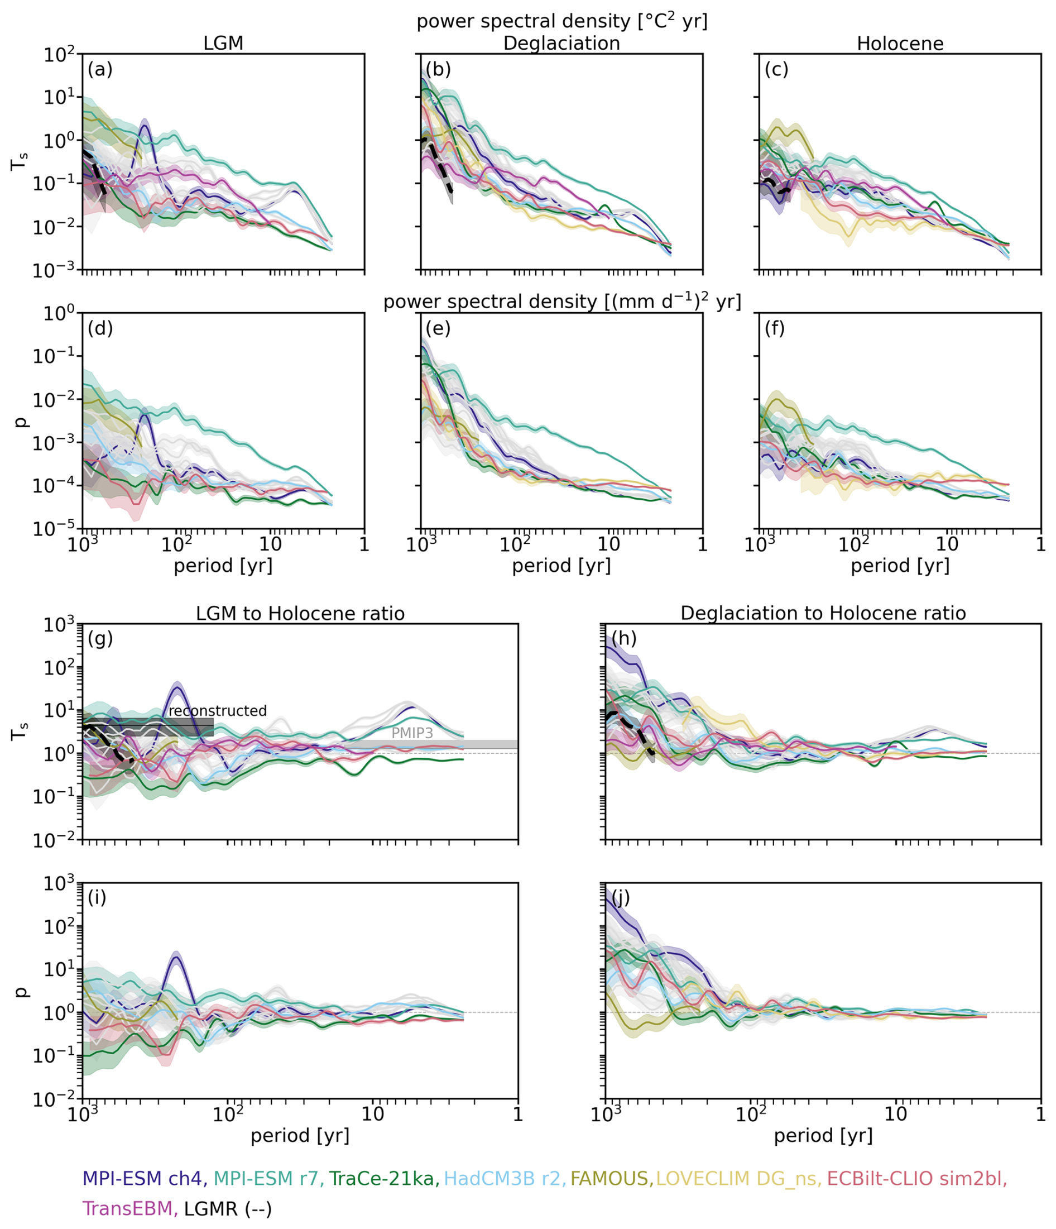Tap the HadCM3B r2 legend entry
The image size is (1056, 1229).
(505, 1178)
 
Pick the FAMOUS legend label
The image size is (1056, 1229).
(611, 1178)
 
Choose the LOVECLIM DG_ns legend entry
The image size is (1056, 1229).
(738, 1178)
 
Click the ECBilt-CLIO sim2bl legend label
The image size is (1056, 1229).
(916, 1178)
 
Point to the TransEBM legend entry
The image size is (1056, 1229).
(130, 1208)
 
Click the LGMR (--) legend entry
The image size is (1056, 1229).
(228, 1208)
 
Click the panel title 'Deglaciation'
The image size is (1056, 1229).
(561, 44)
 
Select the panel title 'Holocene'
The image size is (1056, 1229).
(900, 44)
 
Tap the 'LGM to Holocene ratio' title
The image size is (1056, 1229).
(300, 613)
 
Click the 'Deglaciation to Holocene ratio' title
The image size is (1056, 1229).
(823, 613)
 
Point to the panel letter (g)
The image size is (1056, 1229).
(100, 639)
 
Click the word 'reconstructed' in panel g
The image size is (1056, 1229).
(218, 711)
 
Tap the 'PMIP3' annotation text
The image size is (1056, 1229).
(412, 733)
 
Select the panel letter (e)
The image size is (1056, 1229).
(438, 328)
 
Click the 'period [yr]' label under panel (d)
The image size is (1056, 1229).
(223, 566)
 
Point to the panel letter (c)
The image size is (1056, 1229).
(777, 69)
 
